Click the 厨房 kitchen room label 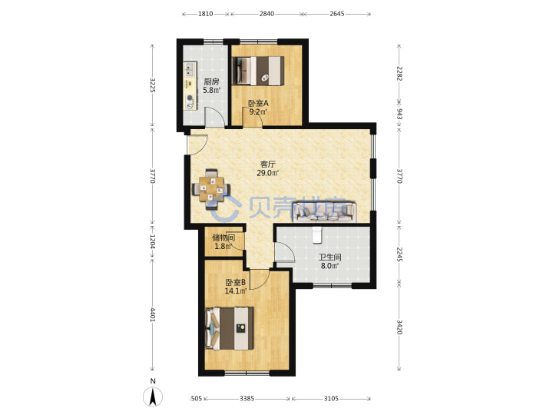(x=211, y=81)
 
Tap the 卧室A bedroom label (x=258, y=104)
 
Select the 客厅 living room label (x=268, y=164)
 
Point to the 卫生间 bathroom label (x=329, y=257)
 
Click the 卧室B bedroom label (x=236, y=282)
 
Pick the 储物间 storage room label (x=224, y=237)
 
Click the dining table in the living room (x=211, y=189)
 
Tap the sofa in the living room (x=324, y=211)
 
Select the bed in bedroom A (x=259, y=71)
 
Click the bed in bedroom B (x=230, y=329)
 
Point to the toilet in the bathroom (x=317, y=235)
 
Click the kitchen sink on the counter (x=190, y=69)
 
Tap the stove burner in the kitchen (x=190, y=101)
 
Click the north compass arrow (x=153, y=397)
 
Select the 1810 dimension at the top (x=205, y=14)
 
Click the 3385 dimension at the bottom (x=247, y=398)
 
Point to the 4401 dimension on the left (x=153, y=315)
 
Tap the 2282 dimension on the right (x=399, y=74)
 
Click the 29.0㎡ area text (x=268, y=173)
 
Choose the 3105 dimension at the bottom (x=331, y=398)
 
